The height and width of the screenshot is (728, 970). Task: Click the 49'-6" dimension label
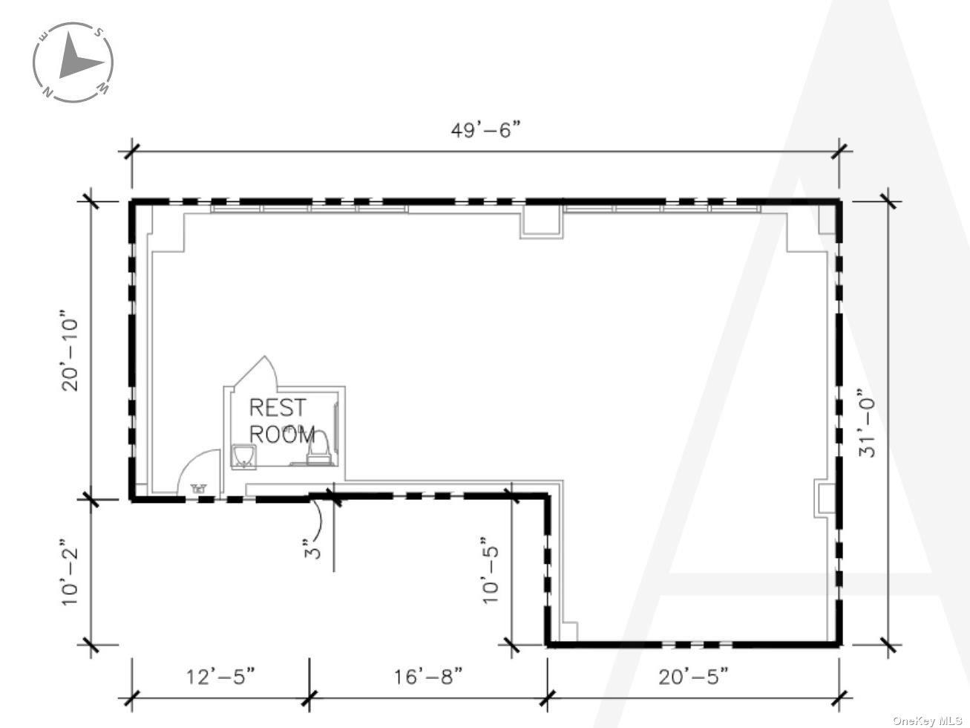(486, 131)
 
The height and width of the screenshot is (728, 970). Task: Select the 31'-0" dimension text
(868, 423)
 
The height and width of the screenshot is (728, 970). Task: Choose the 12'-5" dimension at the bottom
(220, 677)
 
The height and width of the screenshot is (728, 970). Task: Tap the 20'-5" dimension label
(693, 677)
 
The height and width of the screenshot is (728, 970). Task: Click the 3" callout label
(314, 550)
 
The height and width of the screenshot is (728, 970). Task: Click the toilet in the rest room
(320, 449)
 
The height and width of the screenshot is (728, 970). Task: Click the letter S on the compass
(97, 32)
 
